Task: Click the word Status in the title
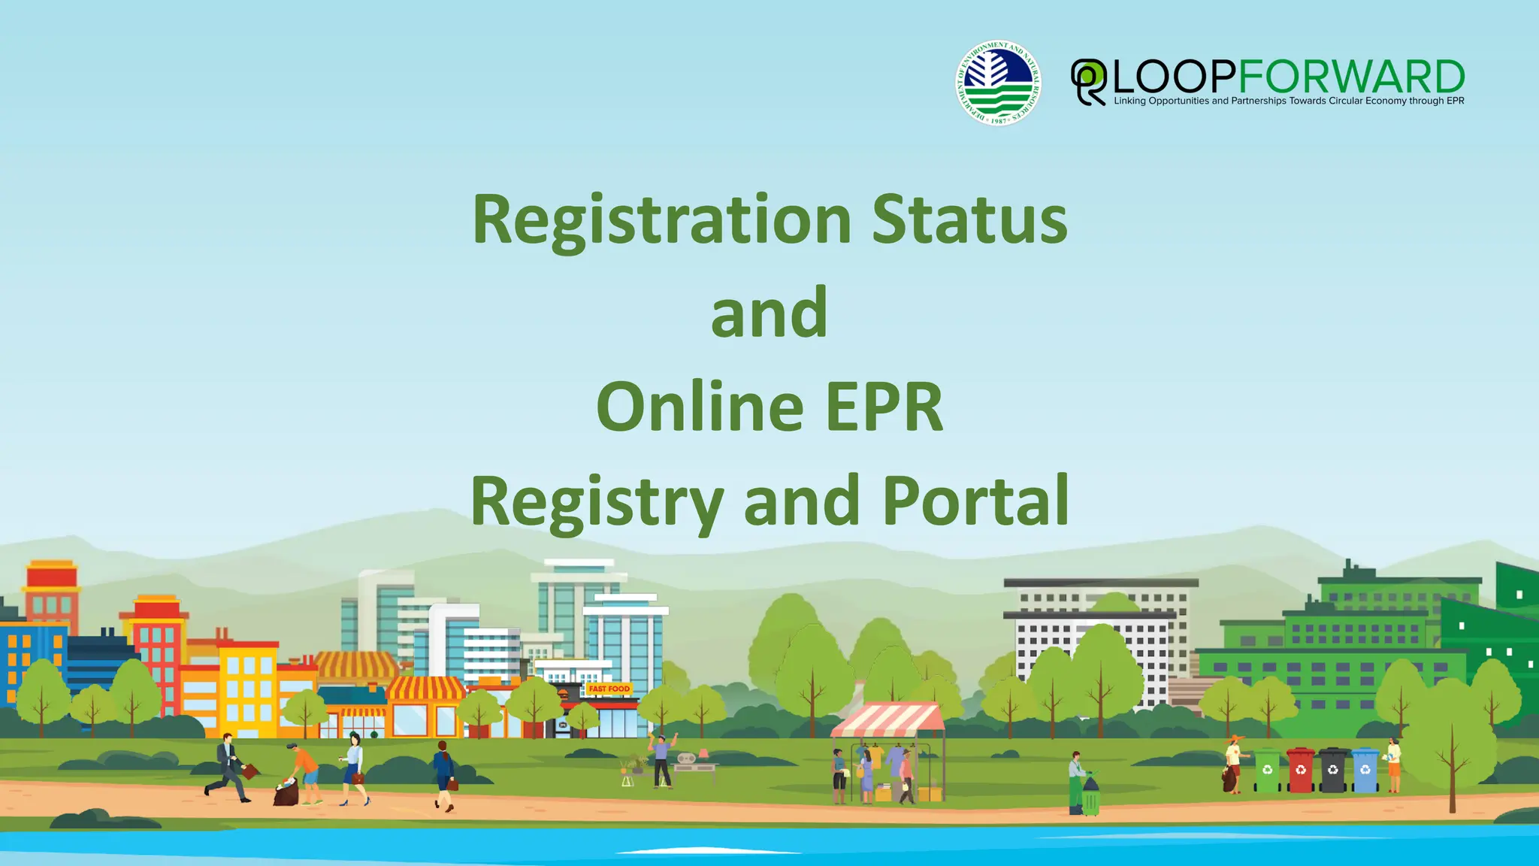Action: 969,220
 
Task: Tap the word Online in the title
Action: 700,407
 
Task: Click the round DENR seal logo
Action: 998,83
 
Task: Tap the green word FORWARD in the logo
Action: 1350,77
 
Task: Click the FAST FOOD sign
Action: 609,689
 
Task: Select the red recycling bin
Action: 1300,771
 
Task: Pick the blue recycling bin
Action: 1365,771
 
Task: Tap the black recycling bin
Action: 1333,771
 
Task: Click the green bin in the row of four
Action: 1267,771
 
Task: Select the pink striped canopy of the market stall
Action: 888,720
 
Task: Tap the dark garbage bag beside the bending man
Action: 286,793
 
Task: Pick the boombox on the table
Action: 688,759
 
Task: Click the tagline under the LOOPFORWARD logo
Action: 1288,101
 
